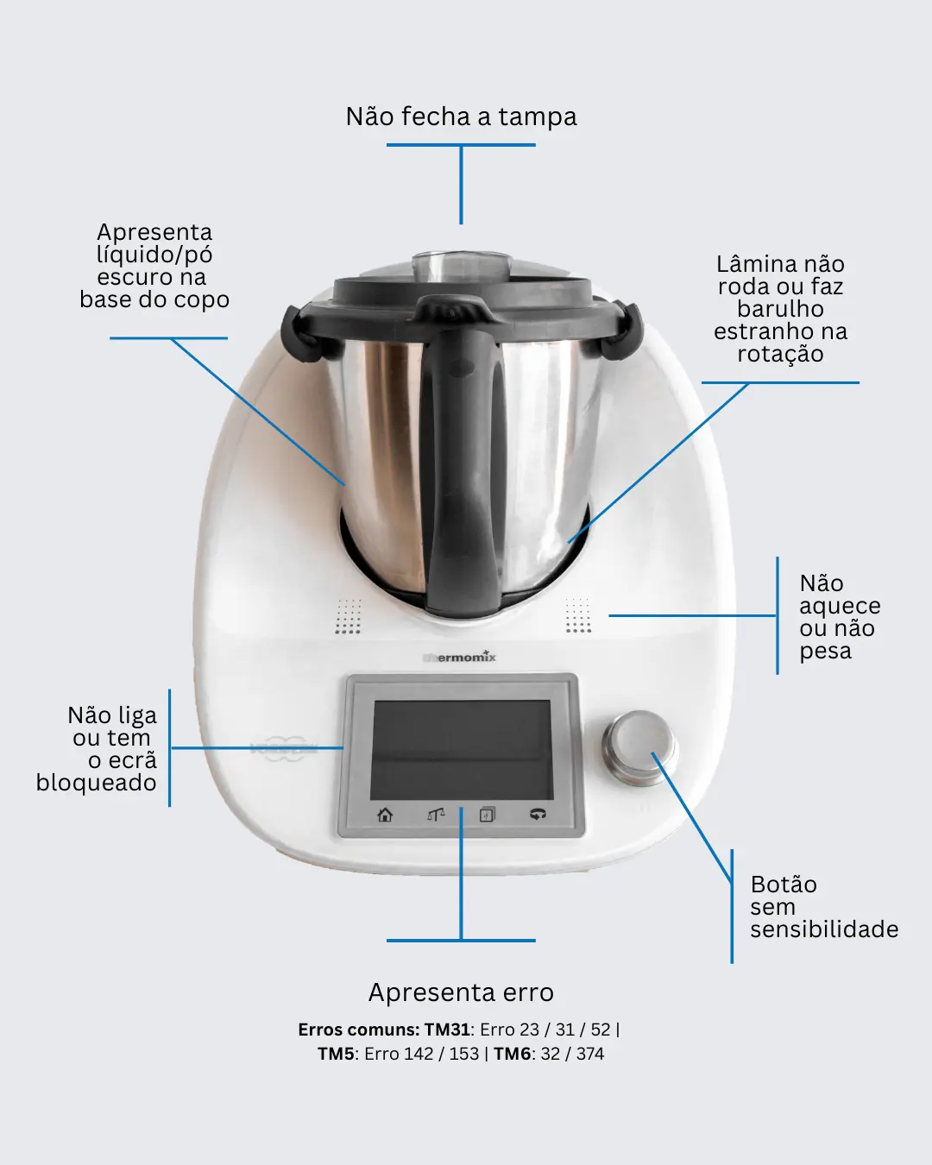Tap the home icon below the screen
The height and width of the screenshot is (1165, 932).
[385, 814]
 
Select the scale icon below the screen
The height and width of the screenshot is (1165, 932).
[436, 814]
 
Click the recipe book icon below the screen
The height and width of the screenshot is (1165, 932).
[487, 814]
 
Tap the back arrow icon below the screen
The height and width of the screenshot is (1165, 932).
[538, 814]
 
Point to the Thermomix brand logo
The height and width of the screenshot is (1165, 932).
[459, 657]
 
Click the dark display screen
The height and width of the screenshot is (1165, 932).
[462, 750]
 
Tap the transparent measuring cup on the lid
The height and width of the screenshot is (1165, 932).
[462, 267]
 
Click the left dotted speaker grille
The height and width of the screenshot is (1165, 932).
[348, 615]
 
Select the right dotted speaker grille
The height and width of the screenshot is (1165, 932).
[578, 615]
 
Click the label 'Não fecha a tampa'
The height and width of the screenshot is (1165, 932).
[462, 117]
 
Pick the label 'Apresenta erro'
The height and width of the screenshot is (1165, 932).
[462, 992]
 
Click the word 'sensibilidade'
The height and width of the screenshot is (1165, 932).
[824, 929]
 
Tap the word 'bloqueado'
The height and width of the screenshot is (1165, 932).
[97, 782]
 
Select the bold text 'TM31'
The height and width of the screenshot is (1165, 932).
[447, 1030]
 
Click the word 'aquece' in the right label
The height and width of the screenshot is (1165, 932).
[840, 607]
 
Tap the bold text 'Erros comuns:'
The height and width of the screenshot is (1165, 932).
[358, 1030]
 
